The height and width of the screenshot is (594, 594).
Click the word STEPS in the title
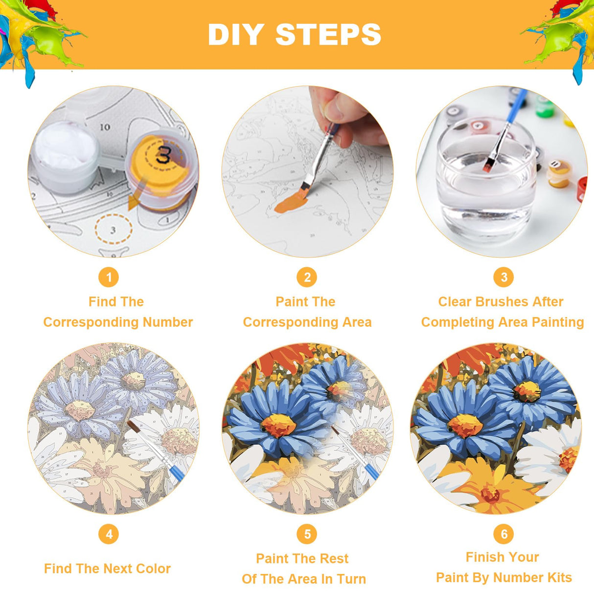pyautogui.click(x=328, y=34)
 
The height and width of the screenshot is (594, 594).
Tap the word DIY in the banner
pyautogui.click(x=236, y=34)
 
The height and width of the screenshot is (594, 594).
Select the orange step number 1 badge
pyautogui.click(x=109, y=277)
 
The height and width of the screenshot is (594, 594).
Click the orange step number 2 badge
pyautogui.click(x=307, y=277)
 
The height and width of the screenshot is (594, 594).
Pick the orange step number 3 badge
pyautogui.click(x=503, y=277)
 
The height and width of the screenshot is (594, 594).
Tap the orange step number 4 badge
pyautogui.click(x=109, y=534)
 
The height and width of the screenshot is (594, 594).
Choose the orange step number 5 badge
pyautogui.click(x=307, y=534)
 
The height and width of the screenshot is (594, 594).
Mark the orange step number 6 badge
pyautogui.click(x=503, y=534)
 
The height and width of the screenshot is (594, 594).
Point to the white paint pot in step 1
pyautogui.click(x=66, y=156)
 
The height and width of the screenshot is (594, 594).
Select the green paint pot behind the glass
pyautogui.click(x=545, y=106)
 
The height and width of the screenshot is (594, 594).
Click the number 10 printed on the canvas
pyautogui.click(x=105, y=127)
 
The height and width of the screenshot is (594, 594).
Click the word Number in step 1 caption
pyautogui.click(x=168, y=322)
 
